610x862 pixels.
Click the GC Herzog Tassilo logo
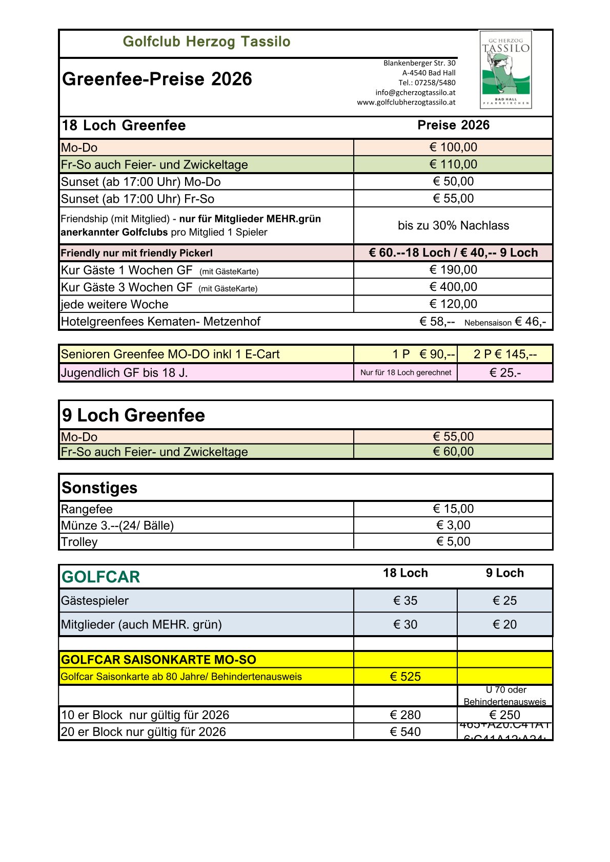coord(505,70)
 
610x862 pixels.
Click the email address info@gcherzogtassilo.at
coord(415,93)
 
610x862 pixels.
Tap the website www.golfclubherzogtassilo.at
coord(406,102)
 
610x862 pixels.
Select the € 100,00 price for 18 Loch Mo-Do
coord(453,148)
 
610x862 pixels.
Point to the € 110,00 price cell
coord(453,164)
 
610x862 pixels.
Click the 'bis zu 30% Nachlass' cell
coord(453,225)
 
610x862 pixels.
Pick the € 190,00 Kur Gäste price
coord(453,270)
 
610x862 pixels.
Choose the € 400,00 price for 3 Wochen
coord(453,287)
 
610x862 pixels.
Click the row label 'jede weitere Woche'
coord(114,304)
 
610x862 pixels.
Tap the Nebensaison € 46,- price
coord(530,322)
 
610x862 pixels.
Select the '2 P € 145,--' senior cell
coord(505,354)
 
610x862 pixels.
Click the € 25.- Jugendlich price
coord(505,373)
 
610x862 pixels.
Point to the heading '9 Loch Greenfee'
coord(133,415)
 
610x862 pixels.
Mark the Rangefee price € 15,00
coord(453,509)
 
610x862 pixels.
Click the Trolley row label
coord(79,542)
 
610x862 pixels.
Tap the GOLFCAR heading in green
coord(100,577)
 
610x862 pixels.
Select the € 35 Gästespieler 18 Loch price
coord(405,600)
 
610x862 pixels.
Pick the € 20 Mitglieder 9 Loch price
coord(504,624)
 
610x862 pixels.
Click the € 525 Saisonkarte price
coord(405,677)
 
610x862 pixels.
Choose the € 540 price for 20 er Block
coord(405,732)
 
